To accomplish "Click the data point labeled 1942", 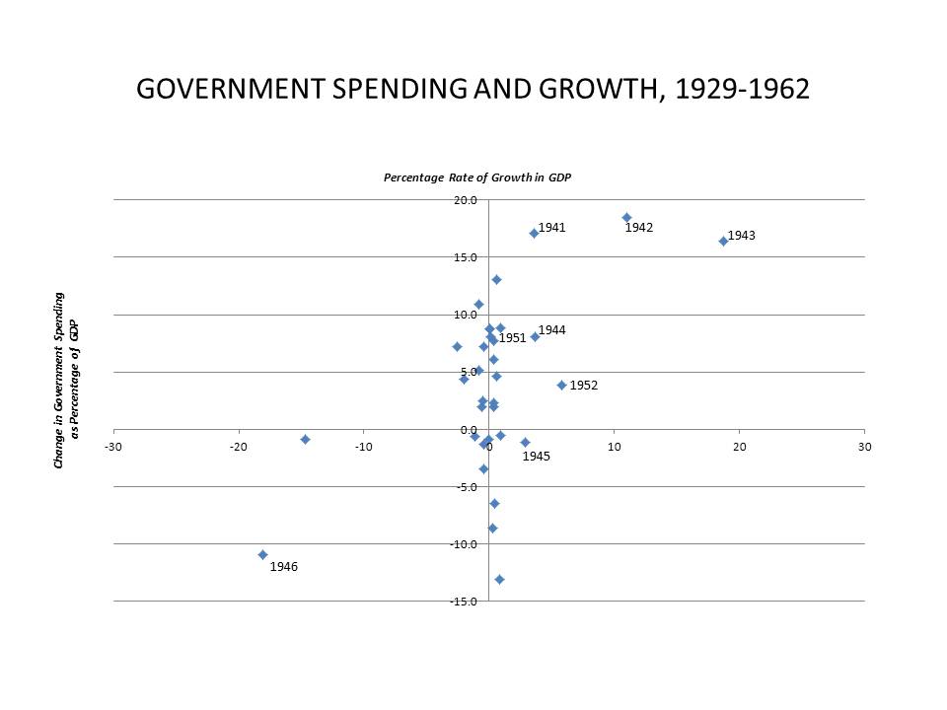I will click(x=626, y=217).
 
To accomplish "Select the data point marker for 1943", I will click(x=723, y=241).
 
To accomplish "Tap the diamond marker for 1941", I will click(x=534, y=233).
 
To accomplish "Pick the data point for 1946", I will click(x=262, y=554).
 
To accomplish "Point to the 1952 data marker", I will click(x=561, y=385).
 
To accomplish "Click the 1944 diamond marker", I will click(x=535, y=336).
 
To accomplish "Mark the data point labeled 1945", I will click(x=525, y=442).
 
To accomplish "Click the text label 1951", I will click(x=512, y=338).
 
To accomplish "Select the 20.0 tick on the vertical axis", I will click(x=466, y=200).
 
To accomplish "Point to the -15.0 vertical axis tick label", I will click(x=464, y=602).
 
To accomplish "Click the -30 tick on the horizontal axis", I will click(x=113, y=447).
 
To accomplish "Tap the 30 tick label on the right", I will click(x=865, y=447).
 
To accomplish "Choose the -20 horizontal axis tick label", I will click(x=238, y=447).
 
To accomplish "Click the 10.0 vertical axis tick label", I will click(x=466, y=315).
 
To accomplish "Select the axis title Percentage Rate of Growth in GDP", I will click(x=477, y=177).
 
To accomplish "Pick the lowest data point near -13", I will click(x=499, y=579).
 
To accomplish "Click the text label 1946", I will click(x=284, y=567).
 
